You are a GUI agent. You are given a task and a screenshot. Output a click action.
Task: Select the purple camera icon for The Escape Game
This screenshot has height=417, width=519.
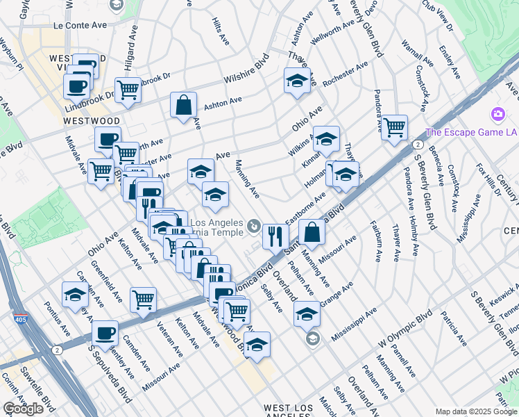pyautogui.click(x=497, y=114)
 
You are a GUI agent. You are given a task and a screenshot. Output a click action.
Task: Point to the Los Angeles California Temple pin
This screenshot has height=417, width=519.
pyautogui.click(x=254, y=225)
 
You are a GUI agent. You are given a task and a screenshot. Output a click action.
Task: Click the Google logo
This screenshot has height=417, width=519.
pyautogui.click(x=23, y=409)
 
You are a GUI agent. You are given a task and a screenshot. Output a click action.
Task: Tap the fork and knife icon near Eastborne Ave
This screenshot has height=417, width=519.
pyautogui.click(x=275, y=236)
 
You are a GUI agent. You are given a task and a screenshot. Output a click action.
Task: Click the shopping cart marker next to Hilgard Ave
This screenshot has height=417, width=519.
pyautogui.click(x=128, y=90)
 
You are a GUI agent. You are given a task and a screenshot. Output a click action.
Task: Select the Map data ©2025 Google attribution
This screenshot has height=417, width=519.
pyautogui.click(x=476, y=411)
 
